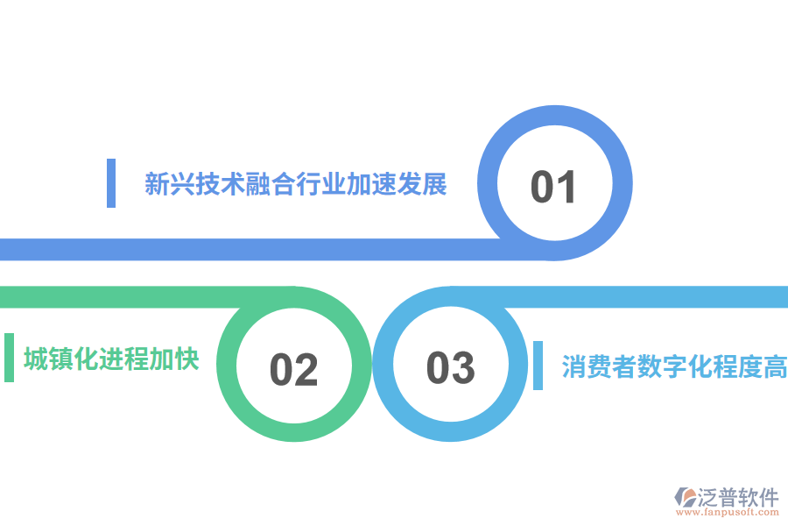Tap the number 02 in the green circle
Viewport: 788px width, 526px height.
coord(293,369)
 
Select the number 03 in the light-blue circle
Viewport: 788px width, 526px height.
coord(450,367)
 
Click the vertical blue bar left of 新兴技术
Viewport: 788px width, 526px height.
coord(111,183)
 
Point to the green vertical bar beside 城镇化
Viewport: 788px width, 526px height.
coord(9,358)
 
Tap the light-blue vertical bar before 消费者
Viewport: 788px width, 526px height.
coord(538,366)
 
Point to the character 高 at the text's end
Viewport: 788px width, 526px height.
coord(775,366)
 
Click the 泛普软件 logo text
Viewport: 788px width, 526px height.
coord(739,497)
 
